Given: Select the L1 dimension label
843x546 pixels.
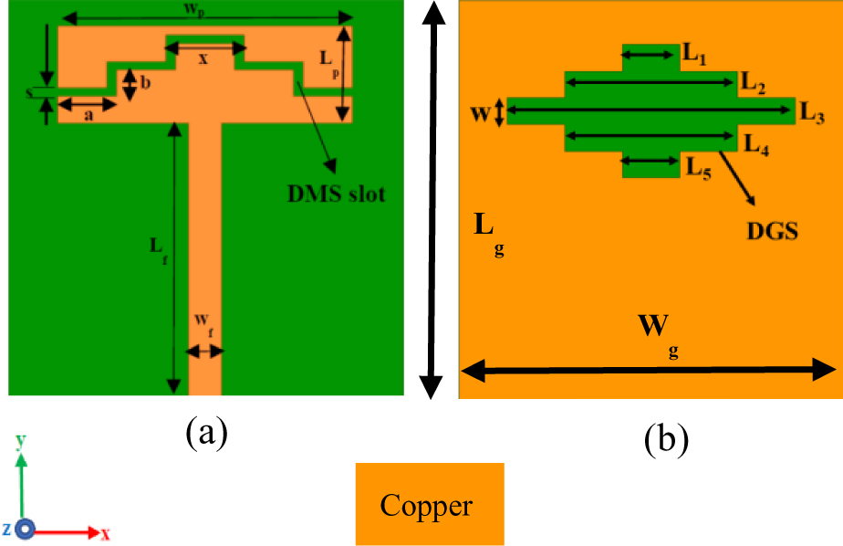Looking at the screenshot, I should (695, 57).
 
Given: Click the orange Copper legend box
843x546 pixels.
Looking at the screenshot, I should (429, 504).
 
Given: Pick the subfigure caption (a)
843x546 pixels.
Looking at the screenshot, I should (205, 432).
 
